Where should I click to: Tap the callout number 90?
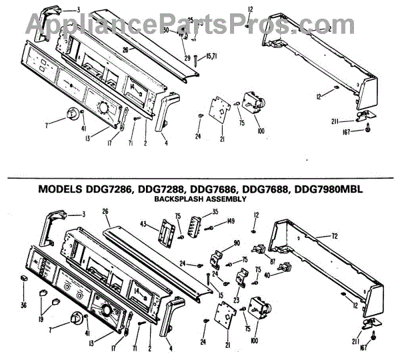coord(236,245)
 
